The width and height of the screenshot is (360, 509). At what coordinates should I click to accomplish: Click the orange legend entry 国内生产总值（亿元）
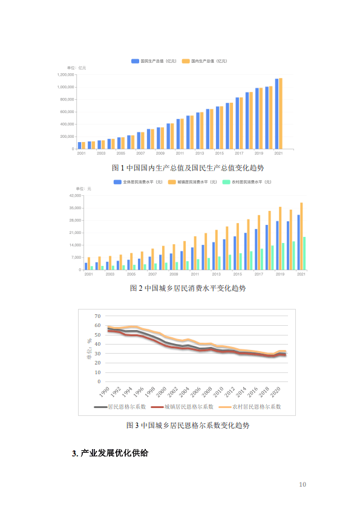click(204, 61)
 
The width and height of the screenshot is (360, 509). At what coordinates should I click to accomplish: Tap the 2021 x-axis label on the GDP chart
click(278, 154)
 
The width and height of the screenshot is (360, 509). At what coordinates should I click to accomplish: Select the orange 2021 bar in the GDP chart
click(281, 114)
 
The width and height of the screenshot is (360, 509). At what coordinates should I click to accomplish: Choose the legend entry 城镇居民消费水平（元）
click(192, 182)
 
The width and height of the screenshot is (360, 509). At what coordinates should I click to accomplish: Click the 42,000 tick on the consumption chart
click(76, 196)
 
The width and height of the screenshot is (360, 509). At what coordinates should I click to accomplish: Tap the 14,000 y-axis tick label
click(76, 245)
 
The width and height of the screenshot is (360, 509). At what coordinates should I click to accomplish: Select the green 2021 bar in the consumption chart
click(304, 253)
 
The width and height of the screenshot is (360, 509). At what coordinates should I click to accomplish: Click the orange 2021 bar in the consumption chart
click(301, 236)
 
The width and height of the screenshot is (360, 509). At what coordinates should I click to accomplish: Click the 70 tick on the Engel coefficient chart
click(99, 316)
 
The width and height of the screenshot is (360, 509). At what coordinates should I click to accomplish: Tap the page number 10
click(303, 485)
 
